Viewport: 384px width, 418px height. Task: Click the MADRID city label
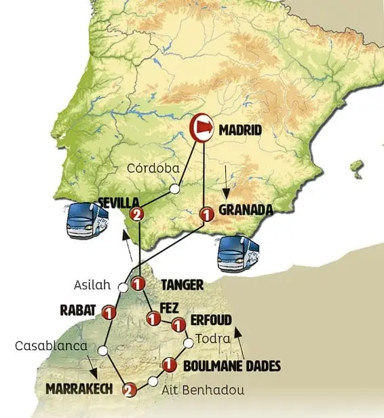coord(239,128)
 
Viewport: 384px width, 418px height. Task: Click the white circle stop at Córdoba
coord(175,189)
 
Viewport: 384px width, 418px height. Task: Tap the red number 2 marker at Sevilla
coord(138,215)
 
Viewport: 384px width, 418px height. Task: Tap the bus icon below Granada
coord(237,253)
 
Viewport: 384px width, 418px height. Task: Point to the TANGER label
coord(182,284)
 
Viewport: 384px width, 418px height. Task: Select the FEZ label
coord(169,307)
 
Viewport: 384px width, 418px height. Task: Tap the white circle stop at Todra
coord(188,343)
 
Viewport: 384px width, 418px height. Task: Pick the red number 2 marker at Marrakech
coord(128,389)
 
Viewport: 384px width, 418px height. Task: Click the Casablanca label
coord(52,346)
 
